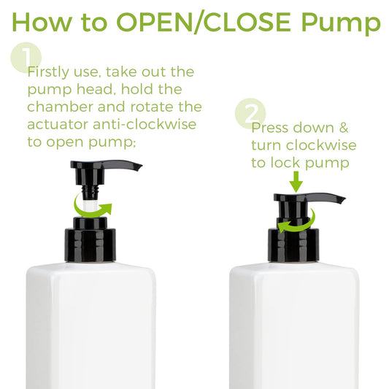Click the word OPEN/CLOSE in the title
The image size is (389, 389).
point(204,23)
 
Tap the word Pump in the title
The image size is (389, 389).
point(341,24)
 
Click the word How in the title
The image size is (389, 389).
point(42,22)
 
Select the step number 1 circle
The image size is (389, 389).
point(26,58)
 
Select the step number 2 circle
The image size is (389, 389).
point(250,114)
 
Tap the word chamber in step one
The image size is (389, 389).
point(60,107)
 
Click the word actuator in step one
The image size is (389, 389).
point(58,125)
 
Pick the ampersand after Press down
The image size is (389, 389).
point(344,128)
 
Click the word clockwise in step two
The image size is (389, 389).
point(321,145)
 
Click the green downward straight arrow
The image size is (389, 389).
point(296,182)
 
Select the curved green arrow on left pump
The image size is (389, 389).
point(92,213)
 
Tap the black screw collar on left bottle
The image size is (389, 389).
point(90,245)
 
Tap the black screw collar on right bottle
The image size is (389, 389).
point(293,245)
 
